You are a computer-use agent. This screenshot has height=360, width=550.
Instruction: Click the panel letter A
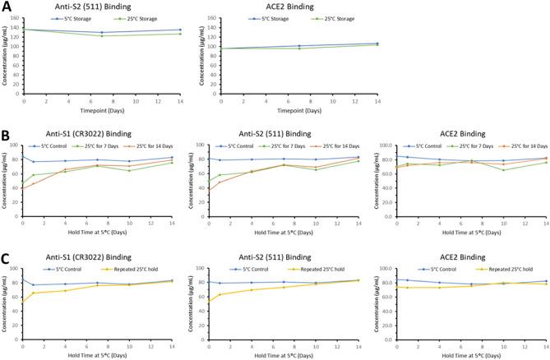pyautogui.click(x=7, y=7)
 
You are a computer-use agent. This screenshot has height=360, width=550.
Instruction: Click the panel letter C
pyautogui.click(x=7, y=242)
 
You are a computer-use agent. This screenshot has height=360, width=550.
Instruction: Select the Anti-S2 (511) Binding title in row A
pyautogui.click(x=99, y=6)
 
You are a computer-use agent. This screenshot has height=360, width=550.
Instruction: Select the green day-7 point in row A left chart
pyautogui.click(x=101, y=35)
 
